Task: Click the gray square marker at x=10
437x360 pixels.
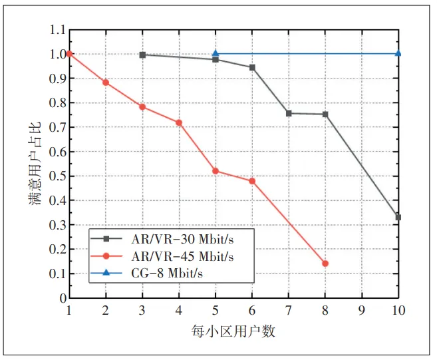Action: pos(398,218)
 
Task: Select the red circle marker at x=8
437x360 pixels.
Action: pos(325,264)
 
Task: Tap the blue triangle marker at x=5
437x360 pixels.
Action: pos(216,53)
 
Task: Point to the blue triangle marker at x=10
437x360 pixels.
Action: pos(398,53)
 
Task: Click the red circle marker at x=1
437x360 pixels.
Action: pos(69,54)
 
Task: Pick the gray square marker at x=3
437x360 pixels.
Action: pos(142,55)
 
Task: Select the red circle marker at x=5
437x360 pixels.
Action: pos(216,171)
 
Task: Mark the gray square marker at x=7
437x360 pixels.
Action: pos(289,113)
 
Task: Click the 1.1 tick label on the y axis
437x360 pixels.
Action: pos(58,30)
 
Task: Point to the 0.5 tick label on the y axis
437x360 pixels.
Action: pos(58,176)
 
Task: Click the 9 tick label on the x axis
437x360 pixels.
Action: pos(361,311)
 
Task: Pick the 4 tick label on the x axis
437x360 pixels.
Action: pos(179,311)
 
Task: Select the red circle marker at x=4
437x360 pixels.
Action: pos(179,122)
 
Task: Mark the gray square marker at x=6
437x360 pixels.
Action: pos(252,67)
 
